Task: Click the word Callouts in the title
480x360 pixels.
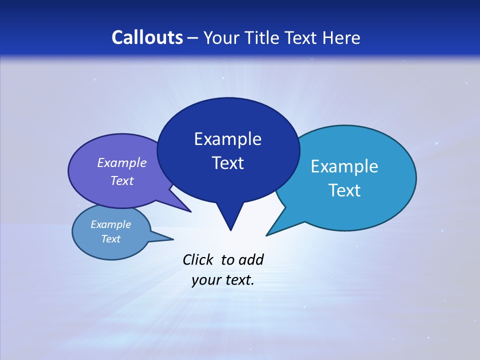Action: pos(147,37)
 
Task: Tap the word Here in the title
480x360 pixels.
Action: pos(341,37)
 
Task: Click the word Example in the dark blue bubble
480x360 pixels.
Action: pos(227,139)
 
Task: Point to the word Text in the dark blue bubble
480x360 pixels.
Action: pos(227,163)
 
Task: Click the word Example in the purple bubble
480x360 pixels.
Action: pos(122,162)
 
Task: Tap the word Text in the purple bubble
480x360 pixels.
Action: pos(122,180)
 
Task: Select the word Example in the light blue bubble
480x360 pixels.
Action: pos(344,166)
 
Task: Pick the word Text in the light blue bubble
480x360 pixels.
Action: pos(344,190)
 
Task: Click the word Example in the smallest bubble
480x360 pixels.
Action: pos(110,224)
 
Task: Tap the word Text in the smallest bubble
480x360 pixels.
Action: pos(110,239)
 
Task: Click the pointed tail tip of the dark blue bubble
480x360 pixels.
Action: pos(230,230)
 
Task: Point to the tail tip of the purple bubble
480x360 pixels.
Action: pos(190,211)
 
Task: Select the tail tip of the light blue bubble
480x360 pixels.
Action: pos(267,235)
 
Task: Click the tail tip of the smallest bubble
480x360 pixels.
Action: pos(173,239)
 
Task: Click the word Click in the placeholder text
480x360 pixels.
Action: pos(198,259)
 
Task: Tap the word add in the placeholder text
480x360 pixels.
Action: pos(251,259)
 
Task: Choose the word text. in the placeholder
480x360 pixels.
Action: pos(238,280)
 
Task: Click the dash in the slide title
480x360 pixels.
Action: pos(193,38)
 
